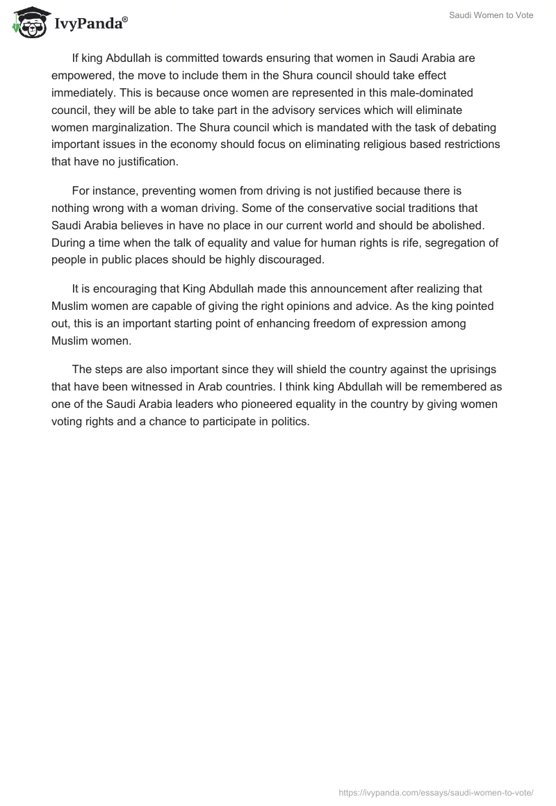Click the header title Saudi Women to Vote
(x=491, y=15)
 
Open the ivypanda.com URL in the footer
(x=436, y=792)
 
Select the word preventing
(x=170, y=190)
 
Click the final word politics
(x=288, y=421)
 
